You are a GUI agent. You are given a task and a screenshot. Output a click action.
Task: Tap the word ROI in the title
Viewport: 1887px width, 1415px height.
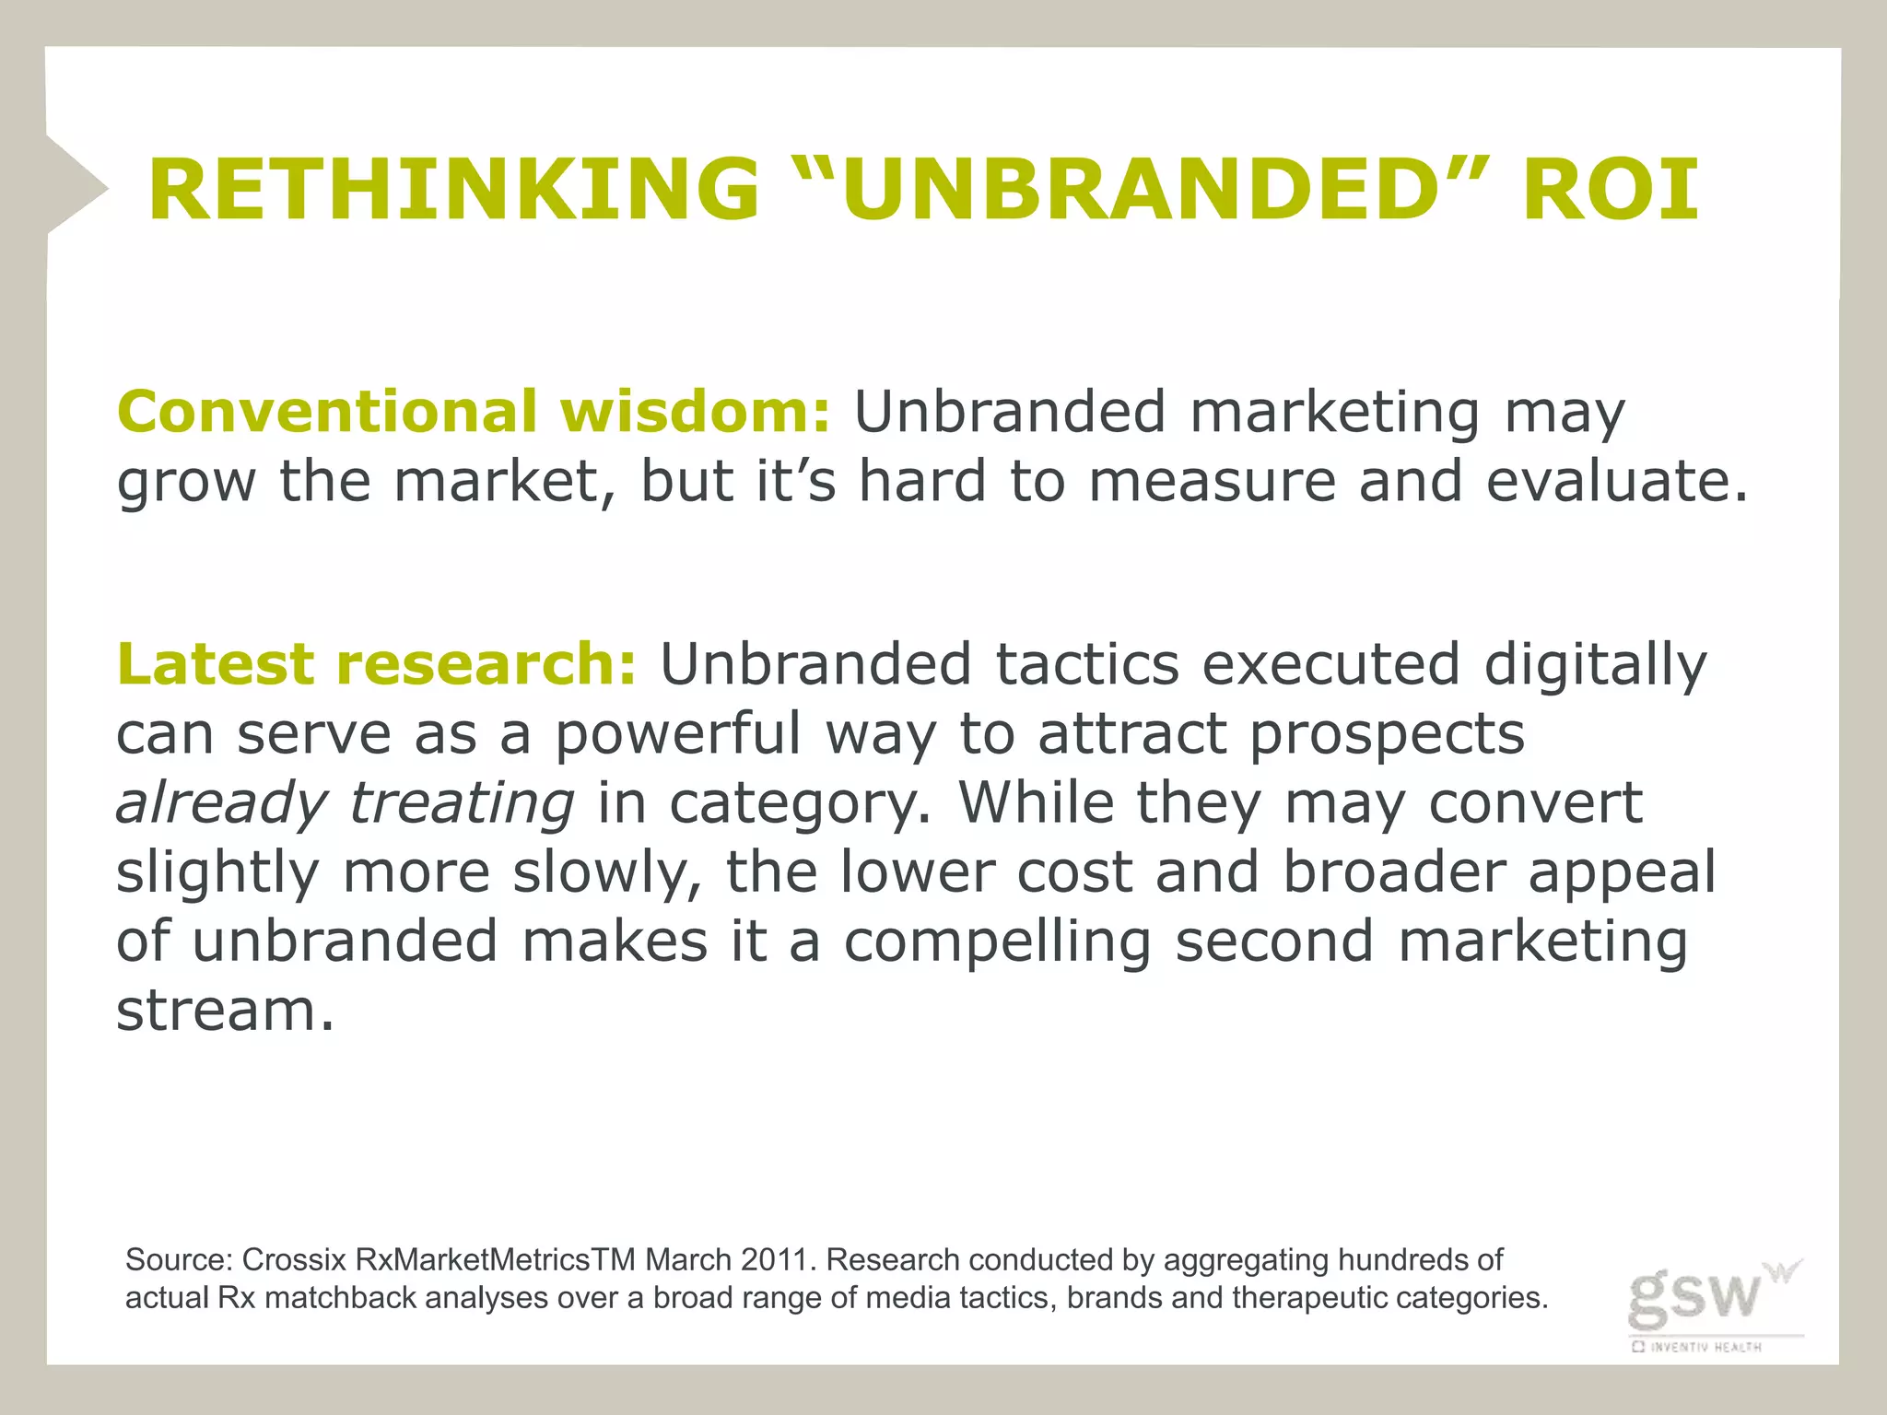click(x=1610, y=190)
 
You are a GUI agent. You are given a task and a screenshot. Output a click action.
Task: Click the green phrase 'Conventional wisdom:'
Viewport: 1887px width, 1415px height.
click(x=474, y=411)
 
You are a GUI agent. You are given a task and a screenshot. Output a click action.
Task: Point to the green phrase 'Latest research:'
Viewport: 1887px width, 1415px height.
click(x=376, y=663)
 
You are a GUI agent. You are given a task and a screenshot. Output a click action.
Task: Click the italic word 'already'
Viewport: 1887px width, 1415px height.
click(x=221, y=803)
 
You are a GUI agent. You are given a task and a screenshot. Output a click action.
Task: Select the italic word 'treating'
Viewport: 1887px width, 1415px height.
click(x=462, y=803)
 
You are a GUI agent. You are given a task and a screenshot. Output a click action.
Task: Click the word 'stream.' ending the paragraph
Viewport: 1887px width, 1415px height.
click(x=224, y=1011)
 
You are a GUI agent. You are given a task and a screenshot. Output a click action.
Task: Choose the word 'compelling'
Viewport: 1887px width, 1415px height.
click(x=997, y=941)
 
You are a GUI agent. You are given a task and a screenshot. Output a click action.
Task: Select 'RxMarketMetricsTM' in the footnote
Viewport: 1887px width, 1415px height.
click(x=495, y=1259)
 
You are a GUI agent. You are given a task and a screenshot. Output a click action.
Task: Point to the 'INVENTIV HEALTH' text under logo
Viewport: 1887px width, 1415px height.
click(x=1705, y=1347)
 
